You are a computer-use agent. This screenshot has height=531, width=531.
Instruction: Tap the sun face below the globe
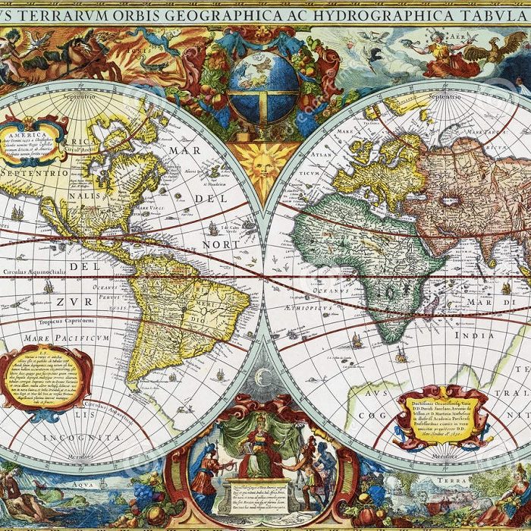click(262, 163)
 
